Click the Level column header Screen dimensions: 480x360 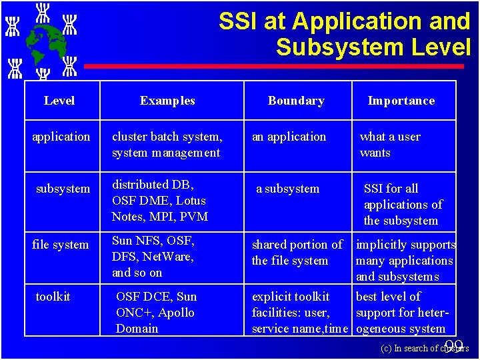[59, 101]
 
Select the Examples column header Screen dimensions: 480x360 [167, 101]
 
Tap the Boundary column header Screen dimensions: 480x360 [296, 101]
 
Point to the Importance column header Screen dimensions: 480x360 [401, 101]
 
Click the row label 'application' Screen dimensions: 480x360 [61, 137]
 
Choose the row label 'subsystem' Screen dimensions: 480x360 [63, 189]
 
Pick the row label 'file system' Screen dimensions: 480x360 [60, 245]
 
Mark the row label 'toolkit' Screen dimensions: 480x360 [53, 297]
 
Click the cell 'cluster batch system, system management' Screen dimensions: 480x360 [167, 145]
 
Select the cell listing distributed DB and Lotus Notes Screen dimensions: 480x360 [160, 201]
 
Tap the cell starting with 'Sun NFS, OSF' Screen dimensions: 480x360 [153, 257]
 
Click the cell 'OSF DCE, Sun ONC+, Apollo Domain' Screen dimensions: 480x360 [156, 313]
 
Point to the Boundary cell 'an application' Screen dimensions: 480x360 [289, 137]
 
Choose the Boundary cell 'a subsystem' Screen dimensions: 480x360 [288, 189]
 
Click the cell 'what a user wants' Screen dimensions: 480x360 [390, 145]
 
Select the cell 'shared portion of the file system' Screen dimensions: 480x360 [297, 253]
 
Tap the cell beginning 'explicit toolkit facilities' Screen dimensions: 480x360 [299, 313]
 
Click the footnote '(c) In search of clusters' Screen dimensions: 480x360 [424, 348]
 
